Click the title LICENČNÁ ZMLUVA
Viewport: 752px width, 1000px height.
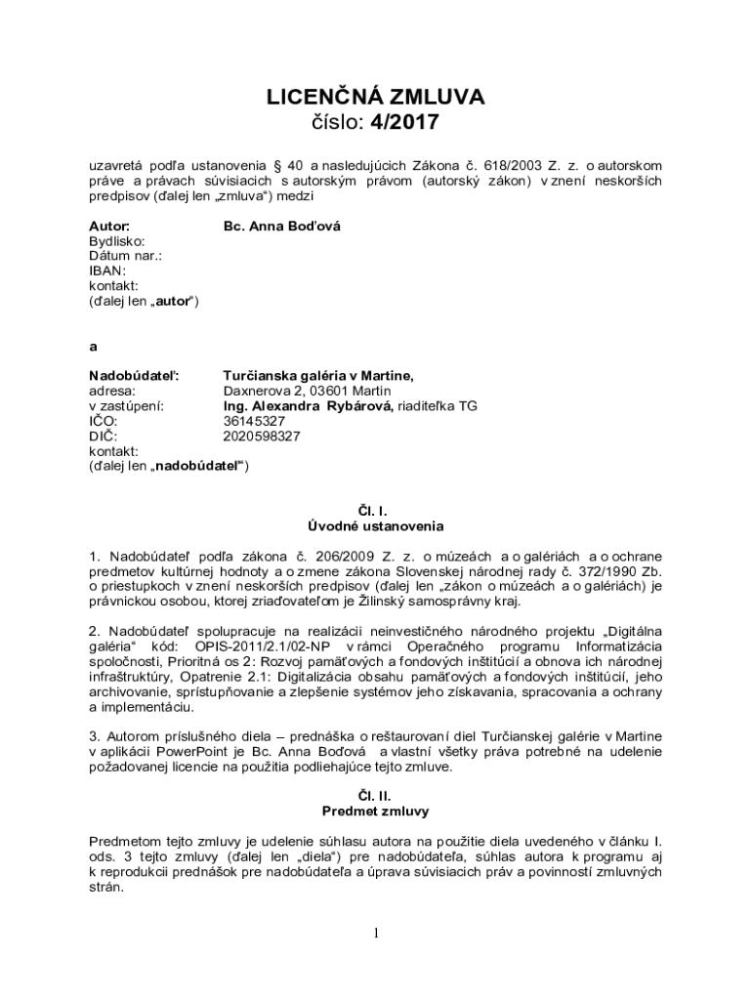(376, 97)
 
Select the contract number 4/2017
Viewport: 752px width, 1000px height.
(405, 122)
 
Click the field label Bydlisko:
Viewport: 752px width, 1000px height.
(117, 241)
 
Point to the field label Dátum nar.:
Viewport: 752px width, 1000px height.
(125, 256)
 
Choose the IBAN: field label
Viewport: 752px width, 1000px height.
(107, 271)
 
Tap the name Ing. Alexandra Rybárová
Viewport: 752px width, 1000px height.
(307, 406)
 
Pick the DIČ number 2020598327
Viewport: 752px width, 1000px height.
(262, 437)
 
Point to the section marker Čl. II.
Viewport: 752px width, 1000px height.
(376, 796)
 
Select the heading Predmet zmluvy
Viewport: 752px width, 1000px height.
(376, 812)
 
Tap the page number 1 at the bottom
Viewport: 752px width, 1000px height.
(376, 933)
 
